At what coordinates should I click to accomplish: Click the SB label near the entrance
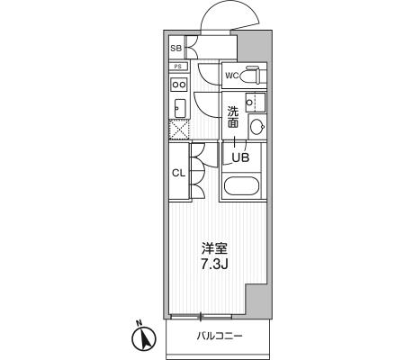point(176,48)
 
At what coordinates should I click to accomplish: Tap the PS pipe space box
point(178,67)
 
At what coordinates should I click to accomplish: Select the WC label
point(232,76)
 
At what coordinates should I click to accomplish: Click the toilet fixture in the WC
point(253,75)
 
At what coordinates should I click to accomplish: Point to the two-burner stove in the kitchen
point(179,84)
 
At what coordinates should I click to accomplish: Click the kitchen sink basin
point(180,108)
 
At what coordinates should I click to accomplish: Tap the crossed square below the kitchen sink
point(179,130)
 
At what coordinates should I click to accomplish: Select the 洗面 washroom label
point(233,117)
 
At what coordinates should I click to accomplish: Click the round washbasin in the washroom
point(257,127)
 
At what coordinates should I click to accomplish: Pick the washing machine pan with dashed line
point(256,103)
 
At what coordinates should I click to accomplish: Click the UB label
point(241,157)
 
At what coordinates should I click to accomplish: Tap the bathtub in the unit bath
point(241,185)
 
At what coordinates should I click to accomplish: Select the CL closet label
point(179,173)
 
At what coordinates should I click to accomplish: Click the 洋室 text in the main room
point(214,249)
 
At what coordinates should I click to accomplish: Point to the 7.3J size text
point(214,264)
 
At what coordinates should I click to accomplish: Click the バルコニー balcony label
point(220,336)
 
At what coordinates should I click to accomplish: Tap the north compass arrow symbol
point(144,338)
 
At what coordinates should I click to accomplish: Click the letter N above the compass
point(139,323)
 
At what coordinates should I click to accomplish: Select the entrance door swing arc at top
point(229,16)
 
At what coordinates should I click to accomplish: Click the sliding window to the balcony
point(201,316)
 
